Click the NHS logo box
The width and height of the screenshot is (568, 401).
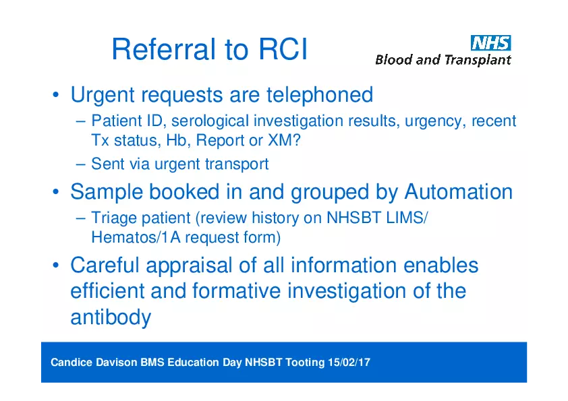tap(491, 43)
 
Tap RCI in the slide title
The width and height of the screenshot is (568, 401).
tap(283, 49)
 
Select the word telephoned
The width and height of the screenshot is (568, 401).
tap(320, 95)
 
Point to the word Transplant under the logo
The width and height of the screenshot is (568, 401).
tap(478, 60)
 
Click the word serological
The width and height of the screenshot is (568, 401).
tap(210, 121)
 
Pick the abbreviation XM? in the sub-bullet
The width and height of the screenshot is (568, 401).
tap(284, 140)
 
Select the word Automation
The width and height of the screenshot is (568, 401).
tap(458, 191)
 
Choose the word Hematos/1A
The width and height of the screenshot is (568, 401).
tap(136, 237)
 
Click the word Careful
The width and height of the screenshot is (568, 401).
tap(105, 265)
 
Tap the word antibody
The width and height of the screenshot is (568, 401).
tap(111, 317)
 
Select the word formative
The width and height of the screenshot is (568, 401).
tap(236, 291)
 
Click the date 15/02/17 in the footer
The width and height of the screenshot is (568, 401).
tap(349, 363)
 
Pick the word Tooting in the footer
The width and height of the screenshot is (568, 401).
tap(305, 363)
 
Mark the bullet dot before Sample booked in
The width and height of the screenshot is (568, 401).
tap(55, 192)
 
